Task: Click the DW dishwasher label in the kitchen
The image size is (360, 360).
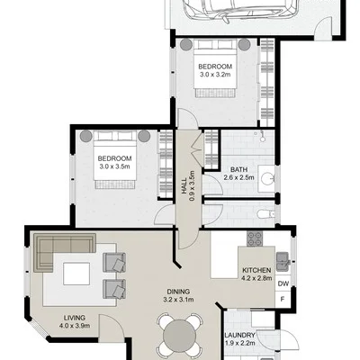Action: click(283, 283)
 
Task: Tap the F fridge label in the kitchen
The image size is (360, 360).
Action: click(282, 299)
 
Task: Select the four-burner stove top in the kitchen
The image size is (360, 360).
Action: click(255, 238)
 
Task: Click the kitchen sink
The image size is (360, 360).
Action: click(283, 261)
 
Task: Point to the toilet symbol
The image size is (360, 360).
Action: click(265, 214)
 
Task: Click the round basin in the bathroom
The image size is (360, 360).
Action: click(267, 179)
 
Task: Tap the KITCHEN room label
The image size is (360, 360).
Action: click(256, 270)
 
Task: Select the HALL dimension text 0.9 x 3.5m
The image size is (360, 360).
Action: click(193, 185)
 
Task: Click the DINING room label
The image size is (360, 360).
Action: click(178, 292)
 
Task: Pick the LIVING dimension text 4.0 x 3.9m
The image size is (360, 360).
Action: click(75, 325)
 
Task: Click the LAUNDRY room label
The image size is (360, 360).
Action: click(239, 335)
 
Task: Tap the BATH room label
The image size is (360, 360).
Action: click(238, 169)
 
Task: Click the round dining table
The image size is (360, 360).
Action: click(179, 335)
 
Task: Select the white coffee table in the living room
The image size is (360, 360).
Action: click(76, 274)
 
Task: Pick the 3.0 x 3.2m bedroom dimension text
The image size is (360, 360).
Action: click(215, 74)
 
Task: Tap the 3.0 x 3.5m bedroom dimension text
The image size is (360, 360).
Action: click(115, 166)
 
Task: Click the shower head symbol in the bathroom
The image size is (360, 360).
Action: click(263, 137)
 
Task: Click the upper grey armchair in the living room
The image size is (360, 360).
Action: click(114, 263)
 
